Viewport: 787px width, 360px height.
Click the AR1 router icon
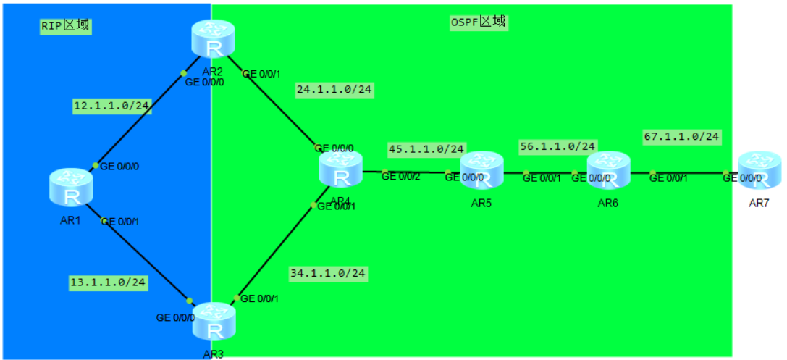[x=71, y=186]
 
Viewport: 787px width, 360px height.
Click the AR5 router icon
[x=482, y=169]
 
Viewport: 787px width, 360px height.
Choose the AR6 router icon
[x=608, y=170]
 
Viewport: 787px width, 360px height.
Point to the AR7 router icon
[x=759, y=171]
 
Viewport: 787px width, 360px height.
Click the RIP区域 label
[x=65, y=25]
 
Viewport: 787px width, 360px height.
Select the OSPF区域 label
[x=478, y=22]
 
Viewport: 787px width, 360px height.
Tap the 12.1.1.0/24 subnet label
[x=111, y=106]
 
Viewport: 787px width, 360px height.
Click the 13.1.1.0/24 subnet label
[x=109, y=282]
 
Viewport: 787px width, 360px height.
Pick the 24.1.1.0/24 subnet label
[x=334, y=90]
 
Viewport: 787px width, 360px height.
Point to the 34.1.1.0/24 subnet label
[x=328, y=274]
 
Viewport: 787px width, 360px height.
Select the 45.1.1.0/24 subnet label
[x=426, y=148]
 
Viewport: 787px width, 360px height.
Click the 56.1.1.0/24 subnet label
[x=557, y=146]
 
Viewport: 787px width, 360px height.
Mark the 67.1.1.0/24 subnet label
[x=681, y=136]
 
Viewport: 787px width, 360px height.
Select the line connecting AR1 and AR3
[x=145, y=259]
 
